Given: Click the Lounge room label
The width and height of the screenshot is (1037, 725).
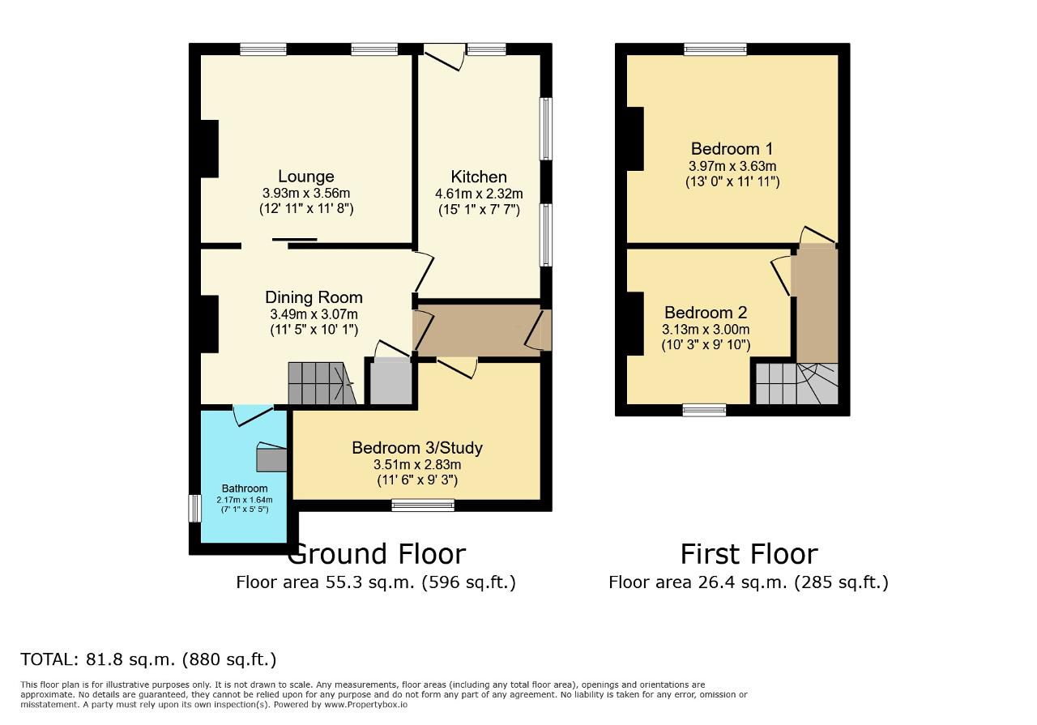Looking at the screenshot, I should click(x=305, y=177).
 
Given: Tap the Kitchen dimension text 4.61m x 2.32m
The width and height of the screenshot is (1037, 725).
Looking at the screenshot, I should click(x=478, y=194).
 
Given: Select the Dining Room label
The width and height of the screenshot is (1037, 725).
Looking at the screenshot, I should click(x=314, y=297).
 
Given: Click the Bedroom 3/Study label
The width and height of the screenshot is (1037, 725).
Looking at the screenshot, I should click(x=416, y=448).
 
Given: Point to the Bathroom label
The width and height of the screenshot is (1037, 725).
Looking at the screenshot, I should click(x=245, y=488).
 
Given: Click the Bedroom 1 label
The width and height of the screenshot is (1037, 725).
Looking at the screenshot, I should click(x=731, y=149).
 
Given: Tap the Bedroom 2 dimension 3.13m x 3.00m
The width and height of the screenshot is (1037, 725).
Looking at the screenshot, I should click(x=705, y=330).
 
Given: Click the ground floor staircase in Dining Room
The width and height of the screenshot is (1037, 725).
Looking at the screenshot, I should click(x=320, y=383).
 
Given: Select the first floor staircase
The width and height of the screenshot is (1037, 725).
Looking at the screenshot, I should click(x=796, y=383).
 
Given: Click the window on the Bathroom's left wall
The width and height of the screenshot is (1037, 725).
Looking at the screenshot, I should click(x=194, y=509).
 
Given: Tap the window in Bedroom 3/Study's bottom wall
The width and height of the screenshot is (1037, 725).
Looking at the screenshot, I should click(x=422, y=505).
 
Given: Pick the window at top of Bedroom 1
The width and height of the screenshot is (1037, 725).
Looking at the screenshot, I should click(x=715, y=49).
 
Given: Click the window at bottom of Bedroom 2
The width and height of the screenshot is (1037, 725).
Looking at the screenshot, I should click(x=703, y=410).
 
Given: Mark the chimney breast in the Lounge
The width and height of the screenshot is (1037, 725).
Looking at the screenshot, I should click(x=210, y=148).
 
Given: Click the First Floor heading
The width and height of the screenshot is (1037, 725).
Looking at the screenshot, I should click(x=748, y=554).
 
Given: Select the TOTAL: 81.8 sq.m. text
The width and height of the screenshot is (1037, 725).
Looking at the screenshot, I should click(x=148, y=659).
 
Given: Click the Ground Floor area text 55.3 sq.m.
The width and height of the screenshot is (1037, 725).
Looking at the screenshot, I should click(x=375, y=582).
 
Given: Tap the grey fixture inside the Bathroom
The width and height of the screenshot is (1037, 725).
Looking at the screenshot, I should click(x=271, y=458).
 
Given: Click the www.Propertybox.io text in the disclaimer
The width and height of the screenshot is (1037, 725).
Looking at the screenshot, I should click(x=365, y=705).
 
